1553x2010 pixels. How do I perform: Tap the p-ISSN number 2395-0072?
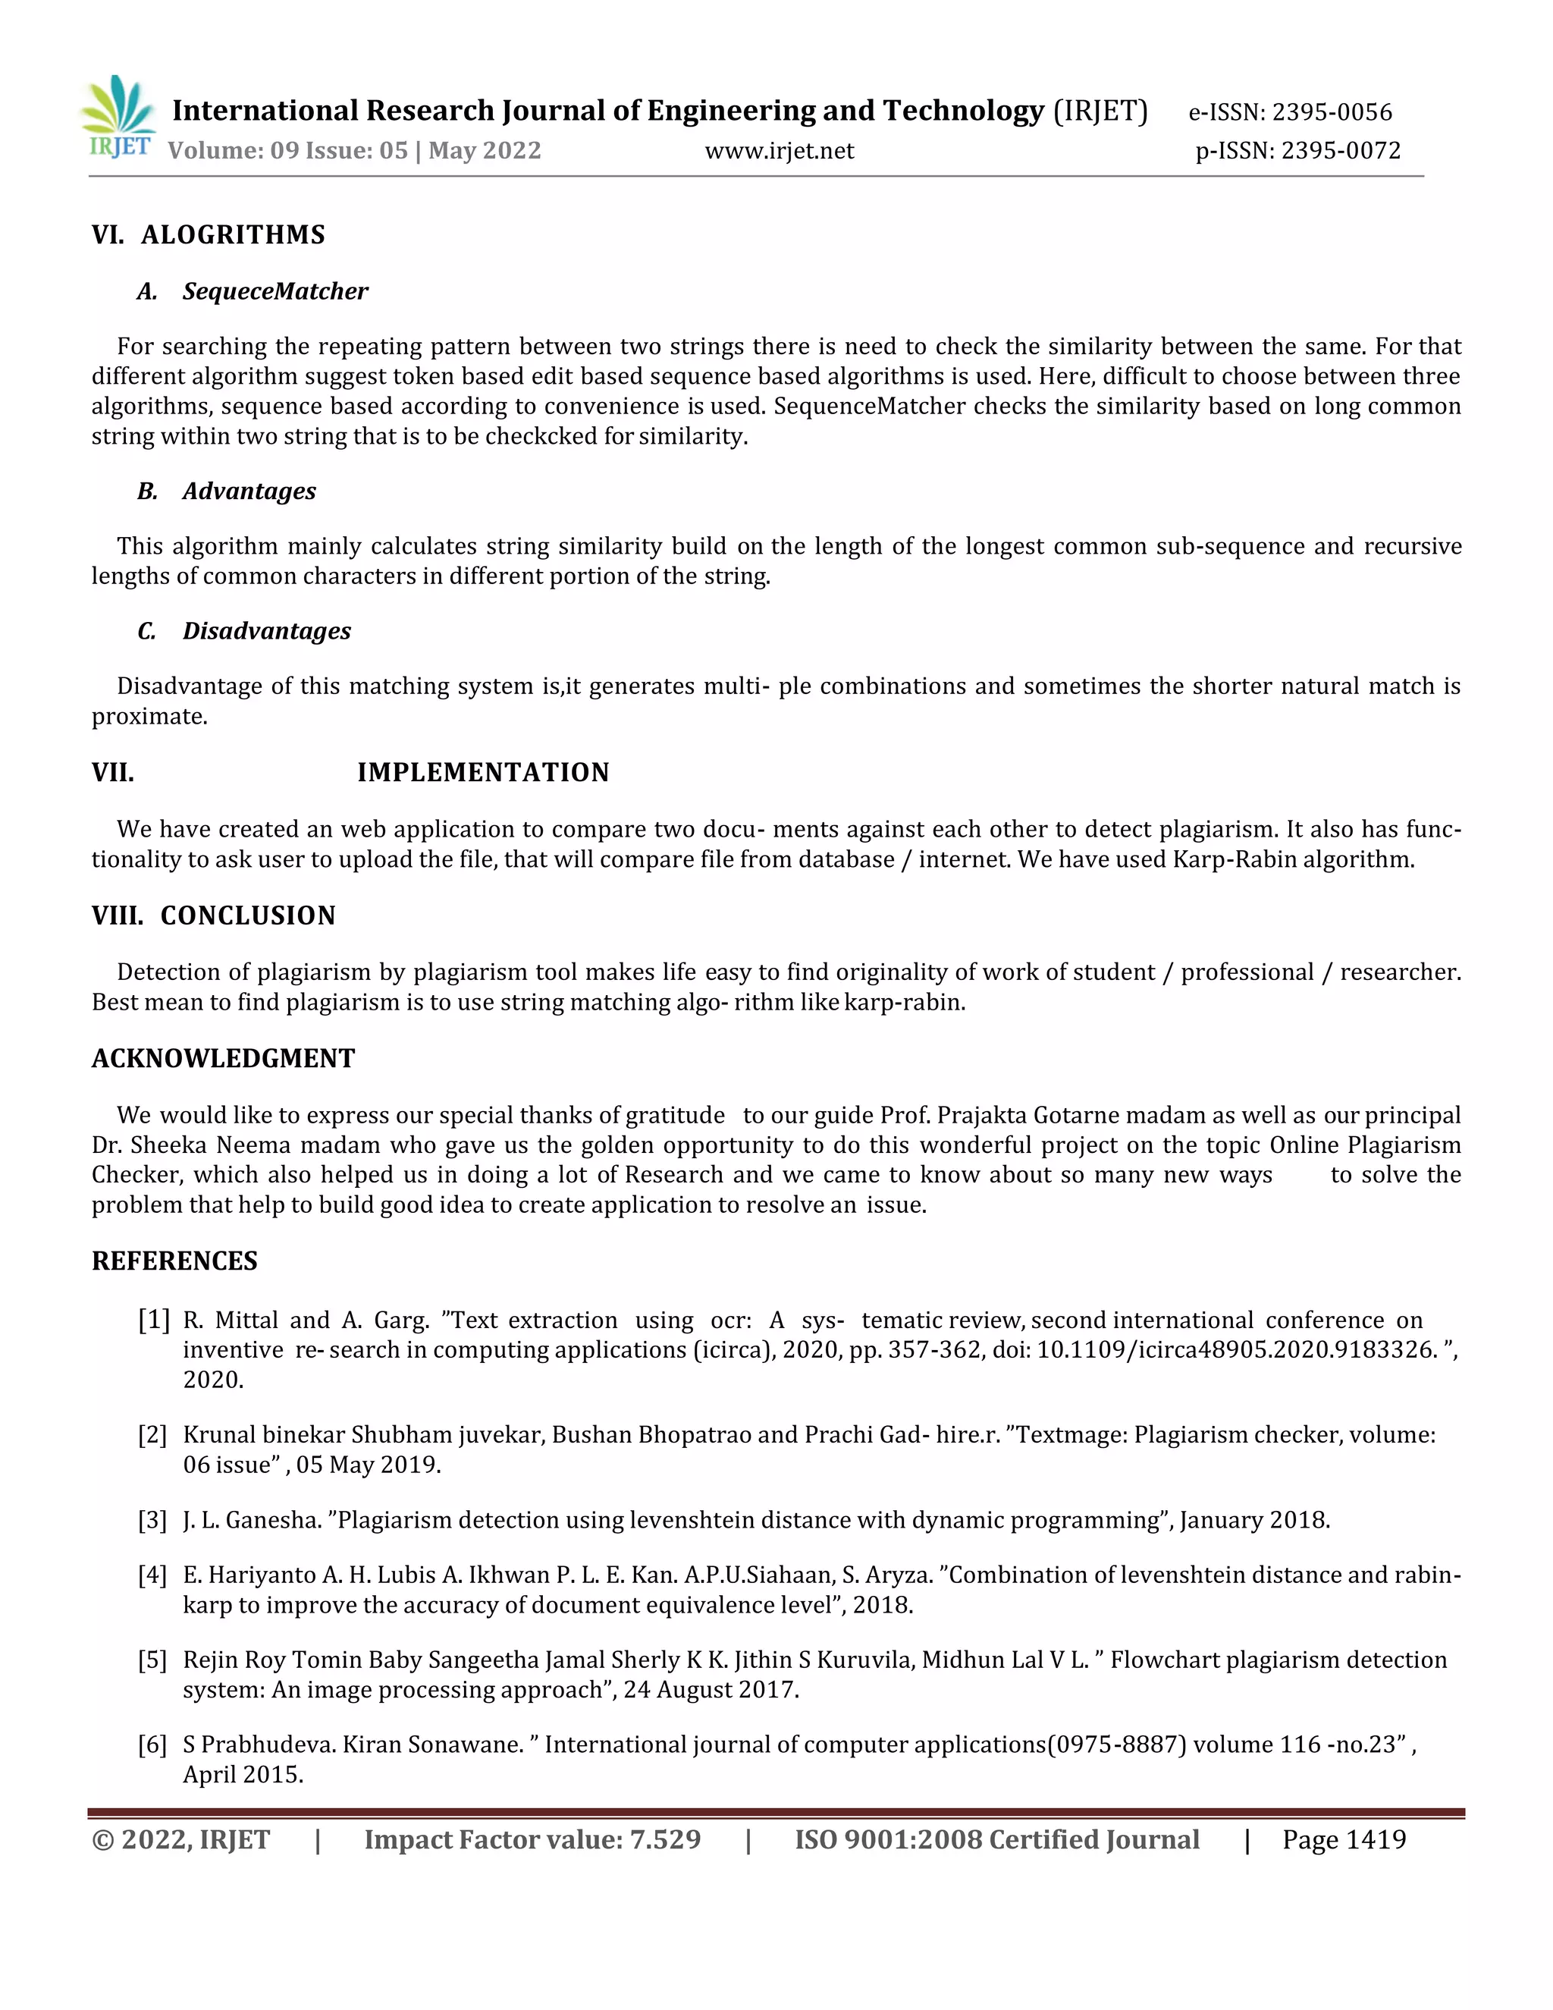[x=1341, y=150]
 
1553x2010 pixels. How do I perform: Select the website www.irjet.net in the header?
[x=780, y=151]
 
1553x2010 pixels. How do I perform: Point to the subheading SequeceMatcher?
[x=275, y=292]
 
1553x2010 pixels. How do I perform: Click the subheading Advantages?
[x=249, y=492]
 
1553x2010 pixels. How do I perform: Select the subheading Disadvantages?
[x=266, y=631]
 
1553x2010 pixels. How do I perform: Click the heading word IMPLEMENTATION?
[x=483, y=772]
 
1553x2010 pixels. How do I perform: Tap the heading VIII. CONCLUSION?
[x=213, y=915]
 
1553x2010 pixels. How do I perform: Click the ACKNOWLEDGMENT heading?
[x=223, y=1058]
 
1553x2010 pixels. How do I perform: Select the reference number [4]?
[x=152, y=1575]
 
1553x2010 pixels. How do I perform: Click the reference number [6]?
[x=152, y=1745]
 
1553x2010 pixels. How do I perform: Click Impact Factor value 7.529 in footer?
[x=532, y=1841]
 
